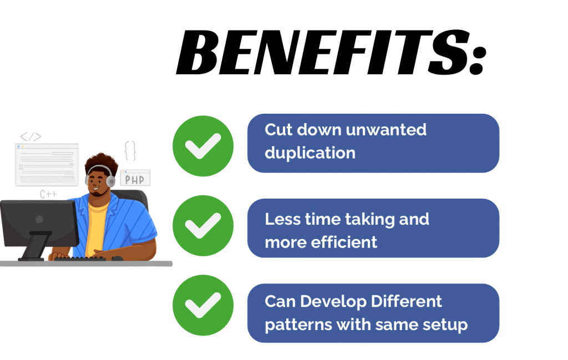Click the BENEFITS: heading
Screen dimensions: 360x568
pos(330,54)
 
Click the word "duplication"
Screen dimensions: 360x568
pos(310,153)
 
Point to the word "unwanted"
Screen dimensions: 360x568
pos(386,130)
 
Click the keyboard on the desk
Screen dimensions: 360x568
pos(83,258)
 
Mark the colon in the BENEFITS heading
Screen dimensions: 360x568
pos(476,58)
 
